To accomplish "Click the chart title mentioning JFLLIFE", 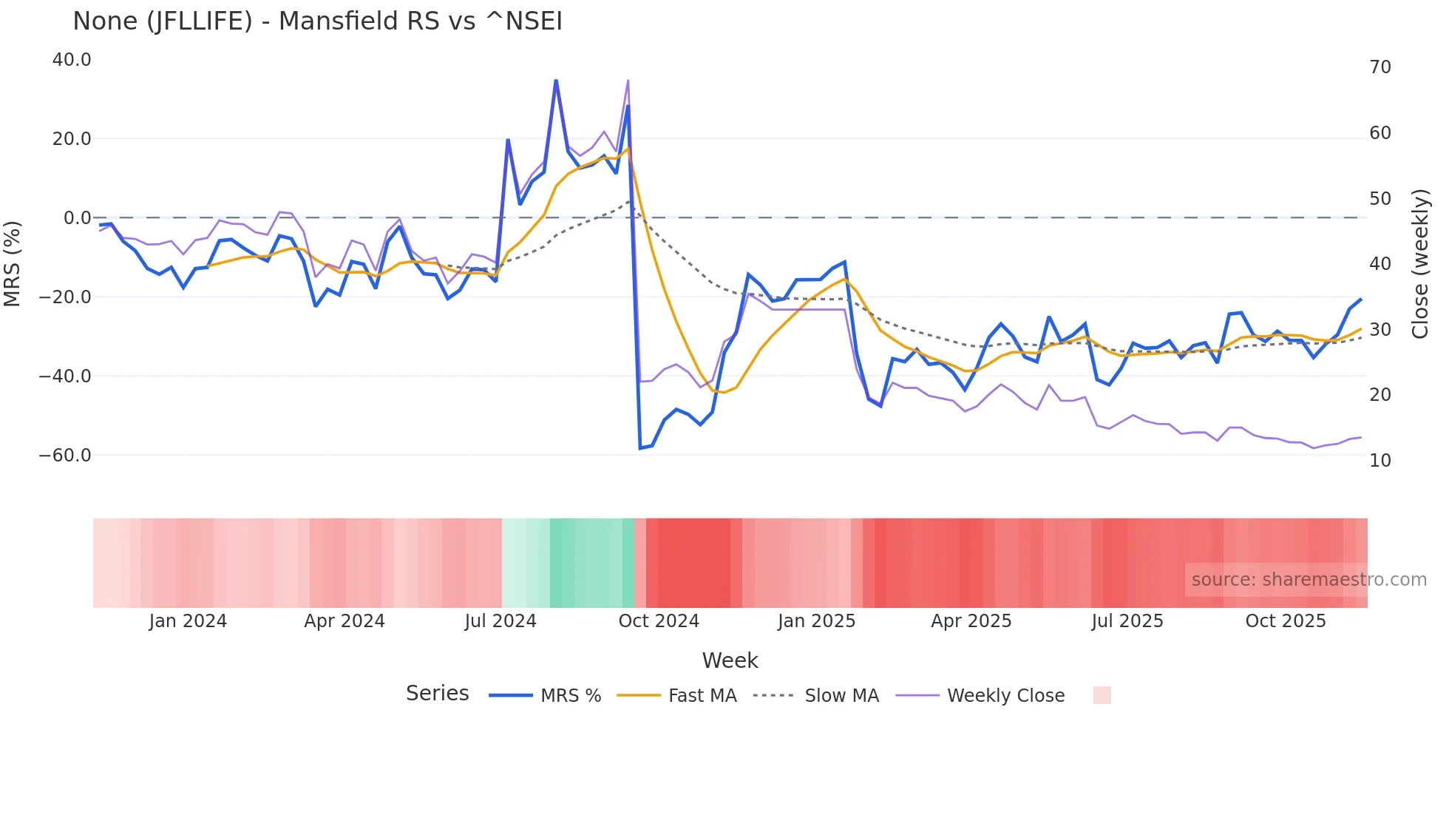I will point(317,21).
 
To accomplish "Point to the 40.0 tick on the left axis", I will point(72,60).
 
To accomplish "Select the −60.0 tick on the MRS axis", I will point(65,456).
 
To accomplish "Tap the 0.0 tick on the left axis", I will point(77,218).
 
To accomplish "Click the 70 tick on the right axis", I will point(1380,67).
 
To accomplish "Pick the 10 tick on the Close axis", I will point(1380,461).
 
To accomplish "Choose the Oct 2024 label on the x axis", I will point(658,621).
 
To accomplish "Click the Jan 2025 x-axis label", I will point(816,621).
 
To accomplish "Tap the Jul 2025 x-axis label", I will point(1127,621).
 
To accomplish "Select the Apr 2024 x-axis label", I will point(345,621).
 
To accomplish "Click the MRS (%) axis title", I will point(13,263).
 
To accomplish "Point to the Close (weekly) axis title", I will point(1420,264).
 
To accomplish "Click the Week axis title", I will point(730,660).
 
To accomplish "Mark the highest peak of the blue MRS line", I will point(556,80).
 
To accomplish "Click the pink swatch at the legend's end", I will point(1102,695).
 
